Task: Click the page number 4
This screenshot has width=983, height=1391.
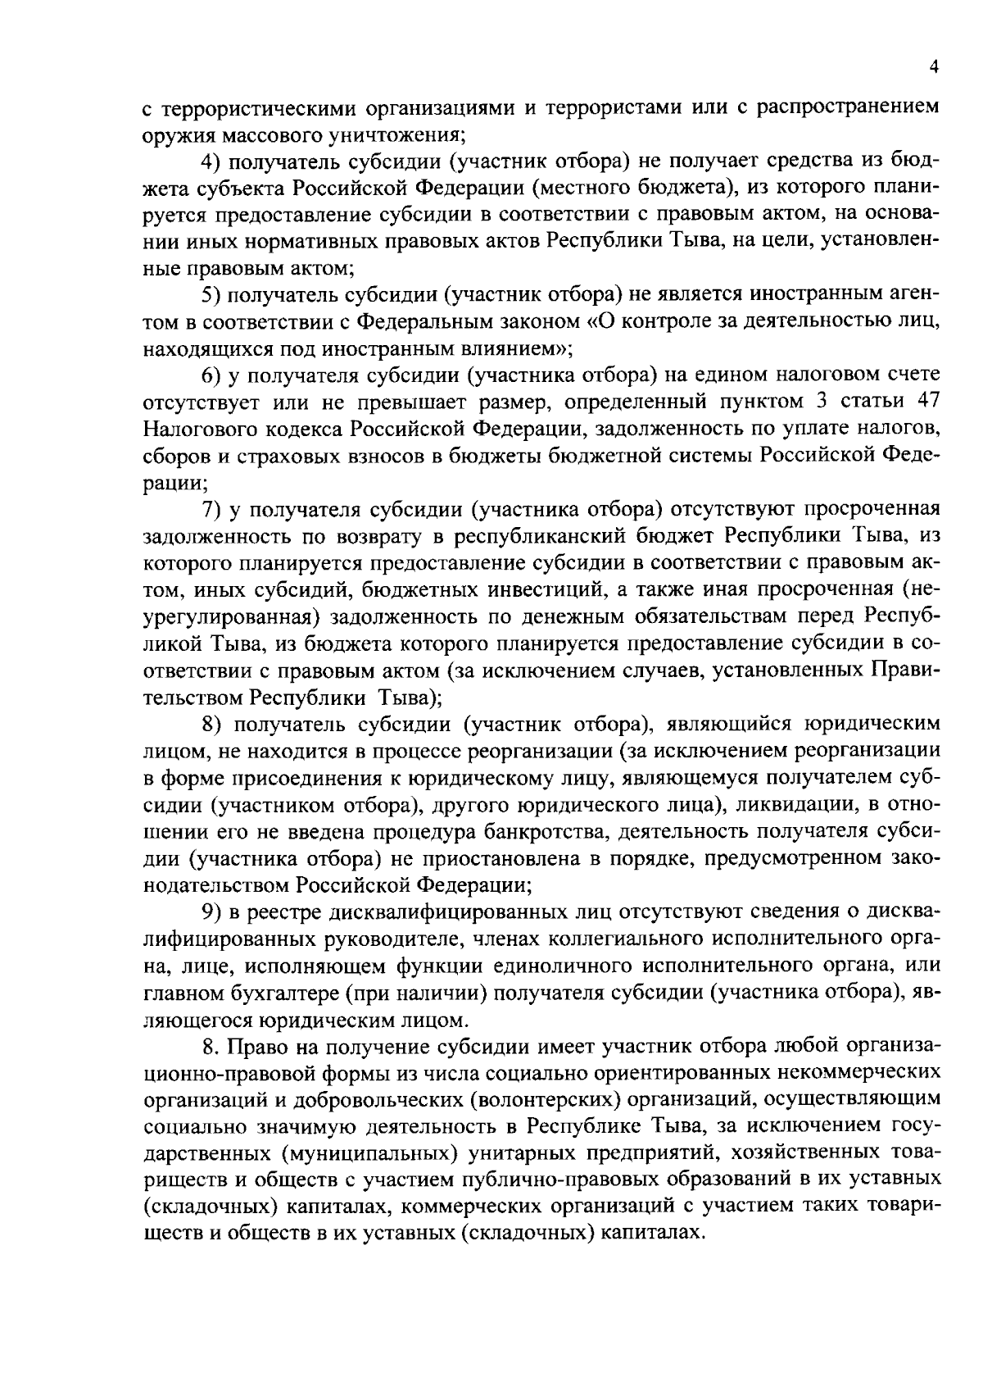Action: (934, 68)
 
